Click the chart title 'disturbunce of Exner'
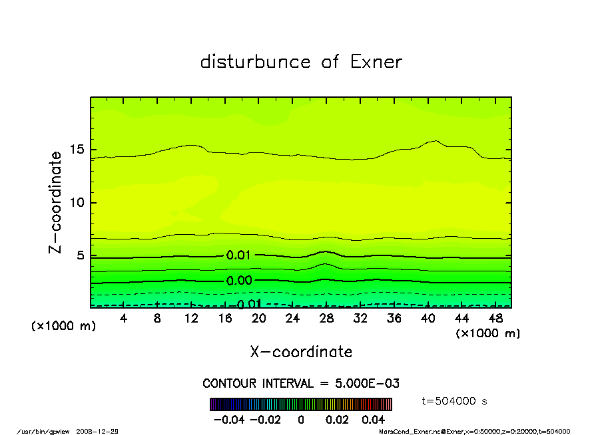pos(301,62)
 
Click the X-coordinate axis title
pos(301,352)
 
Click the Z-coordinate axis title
pos(55,202)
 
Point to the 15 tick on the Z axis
pos(77,150)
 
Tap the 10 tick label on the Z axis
pos(77,202)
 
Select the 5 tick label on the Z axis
pos(80,255)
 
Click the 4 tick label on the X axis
pos(124,319)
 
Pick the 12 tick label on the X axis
pos(191,319)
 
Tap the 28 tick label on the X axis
pos(326,319)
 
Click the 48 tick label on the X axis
pos(495,319)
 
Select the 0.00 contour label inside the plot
pos(239,281)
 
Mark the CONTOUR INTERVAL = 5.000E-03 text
pos(301,384)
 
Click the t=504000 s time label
pos(455,401)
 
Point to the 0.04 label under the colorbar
pos(374,420)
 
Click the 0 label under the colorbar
pos(301,420)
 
